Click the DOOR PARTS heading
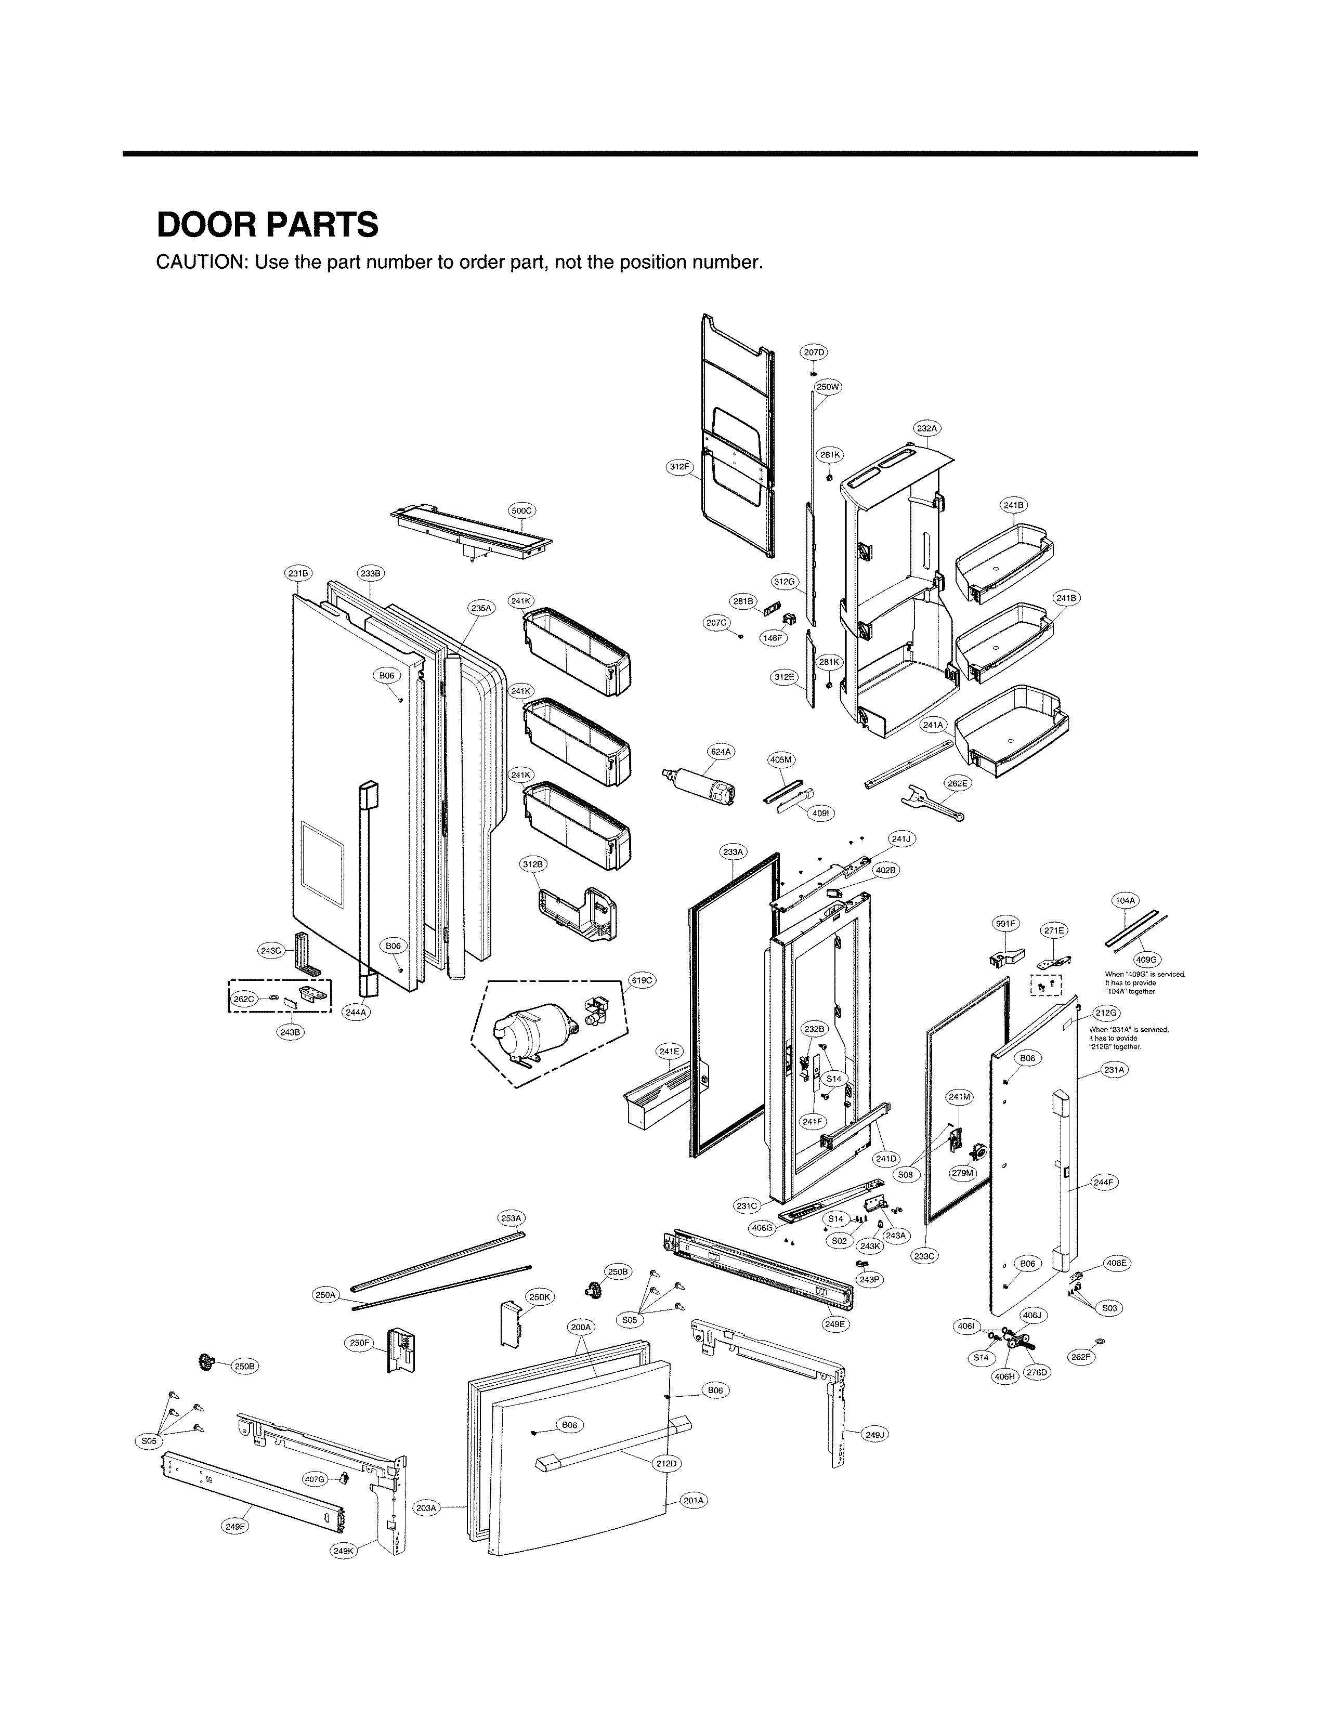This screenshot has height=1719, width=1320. [x=267, y=226]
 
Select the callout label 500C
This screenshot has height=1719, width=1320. [x=522, y=510]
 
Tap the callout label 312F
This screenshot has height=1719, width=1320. [x=679, y=467]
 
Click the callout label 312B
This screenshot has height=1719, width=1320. [x=533, y=865]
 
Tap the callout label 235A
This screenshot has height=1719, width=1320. [x=481, y=608]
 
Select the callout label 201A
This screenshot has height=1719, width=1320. [x=693, y=1501]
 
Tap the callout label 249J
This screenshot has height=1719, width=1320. [x=874, y=1435]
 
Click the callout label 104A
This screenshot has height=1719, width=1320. [x=1125, y=900]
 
